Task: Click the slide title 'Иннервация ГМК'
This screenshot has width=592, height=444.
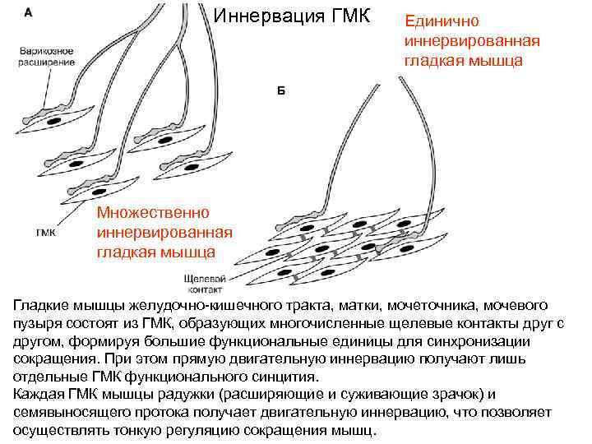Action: pyautogui.click(x=292, y=16)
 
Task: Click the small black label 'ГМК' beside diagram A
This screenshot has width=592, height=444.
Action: pyautogui.click(x=45, y=233)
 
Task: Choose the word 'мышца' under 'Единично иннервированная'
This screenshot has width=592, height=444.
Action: pyautogui.click(x=496, y=60)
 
